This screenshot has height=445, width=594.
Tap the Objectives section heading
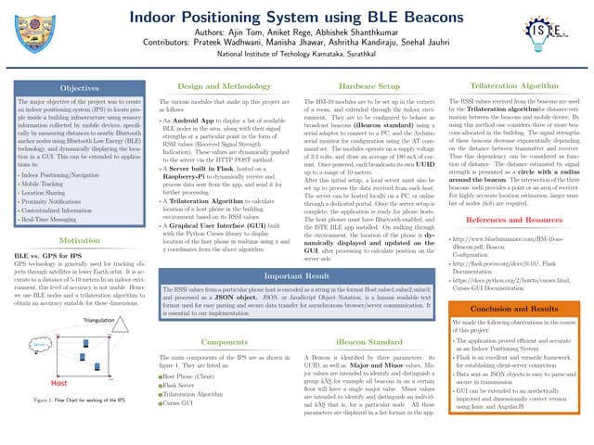[79, 87]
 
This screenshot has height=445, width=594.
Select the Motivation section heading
[79, 239]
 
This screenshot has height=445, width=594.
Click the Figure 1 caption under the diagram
[79, 400]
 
